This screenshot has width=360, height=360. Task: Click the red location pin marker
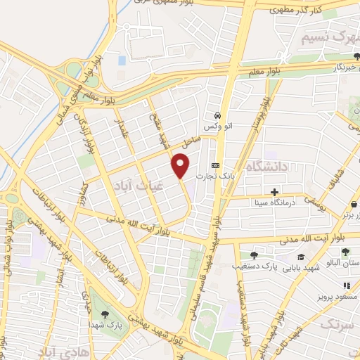181,166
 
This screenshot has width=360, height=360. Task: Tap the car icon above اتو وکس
218,115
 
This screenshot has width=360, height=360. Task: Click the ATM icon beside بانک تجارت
214,165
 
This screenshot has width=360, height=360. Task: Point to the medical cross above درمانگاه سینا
275,192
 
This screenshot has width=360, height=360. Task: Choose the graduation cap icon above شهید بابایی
301,257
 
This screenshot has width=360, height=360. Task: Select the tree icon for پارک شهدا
105,314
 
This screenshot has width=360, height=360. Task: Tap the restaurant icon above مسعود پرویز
346,285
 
